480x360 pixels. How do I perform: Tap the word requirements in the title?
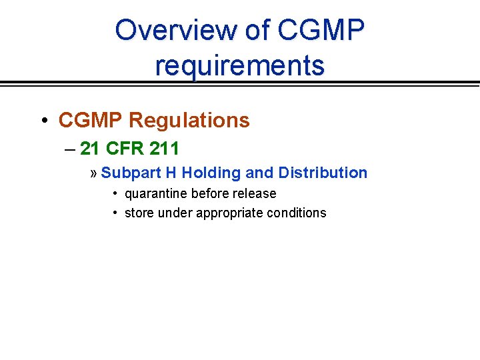(240, 65)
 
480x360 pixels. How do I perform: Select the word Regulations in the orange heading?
(189, 121)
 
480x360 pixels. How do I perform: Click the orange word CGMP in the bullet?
(91, 121)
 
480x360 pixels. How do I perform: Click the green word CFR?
(125, 147)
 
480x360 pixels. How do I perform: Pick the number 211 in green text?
(165, 147)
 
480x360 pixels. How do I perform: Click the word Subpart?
(131, 173)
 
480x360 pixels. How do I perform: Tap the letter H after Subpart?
(171, 173)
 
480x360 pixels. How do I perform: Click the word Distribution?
(323, 173)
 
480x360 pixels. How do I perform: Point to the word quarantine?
(155, 194)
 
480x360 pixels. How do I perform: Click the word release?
(258, 193)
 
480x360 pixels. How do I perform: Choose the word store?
(139, 213)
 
